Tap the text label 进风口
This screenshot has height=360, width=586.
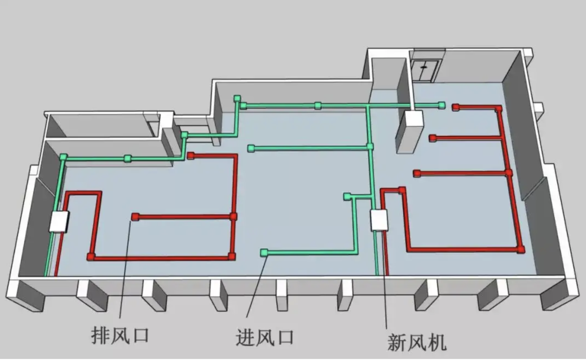(264, 337)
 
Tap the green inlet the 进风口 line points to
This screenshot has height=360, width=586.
(264, 252)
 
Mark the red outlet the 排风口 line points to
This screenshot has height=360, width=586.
(135, 217)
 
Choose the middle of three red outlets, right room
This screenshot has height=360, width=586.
(432, 138)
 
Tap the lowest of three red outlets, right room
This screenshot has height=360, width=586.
(417, 173)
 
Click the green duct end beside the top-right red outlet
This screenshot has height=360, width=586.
(442, 104)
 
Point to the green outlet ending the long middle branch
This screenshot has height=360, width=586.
(251, 148)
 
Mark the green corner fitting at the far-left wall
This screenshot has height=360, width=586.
(63, 157)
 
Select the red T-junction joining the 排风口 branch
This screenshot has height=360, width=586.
(233, 216)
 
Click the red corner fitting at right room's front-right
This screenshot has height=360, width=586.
(521, 249)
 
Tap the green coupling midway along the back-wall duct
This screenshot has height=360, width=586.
(317, 105)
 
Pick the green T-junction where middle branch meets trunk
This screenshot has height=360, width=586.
(370, 146)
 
